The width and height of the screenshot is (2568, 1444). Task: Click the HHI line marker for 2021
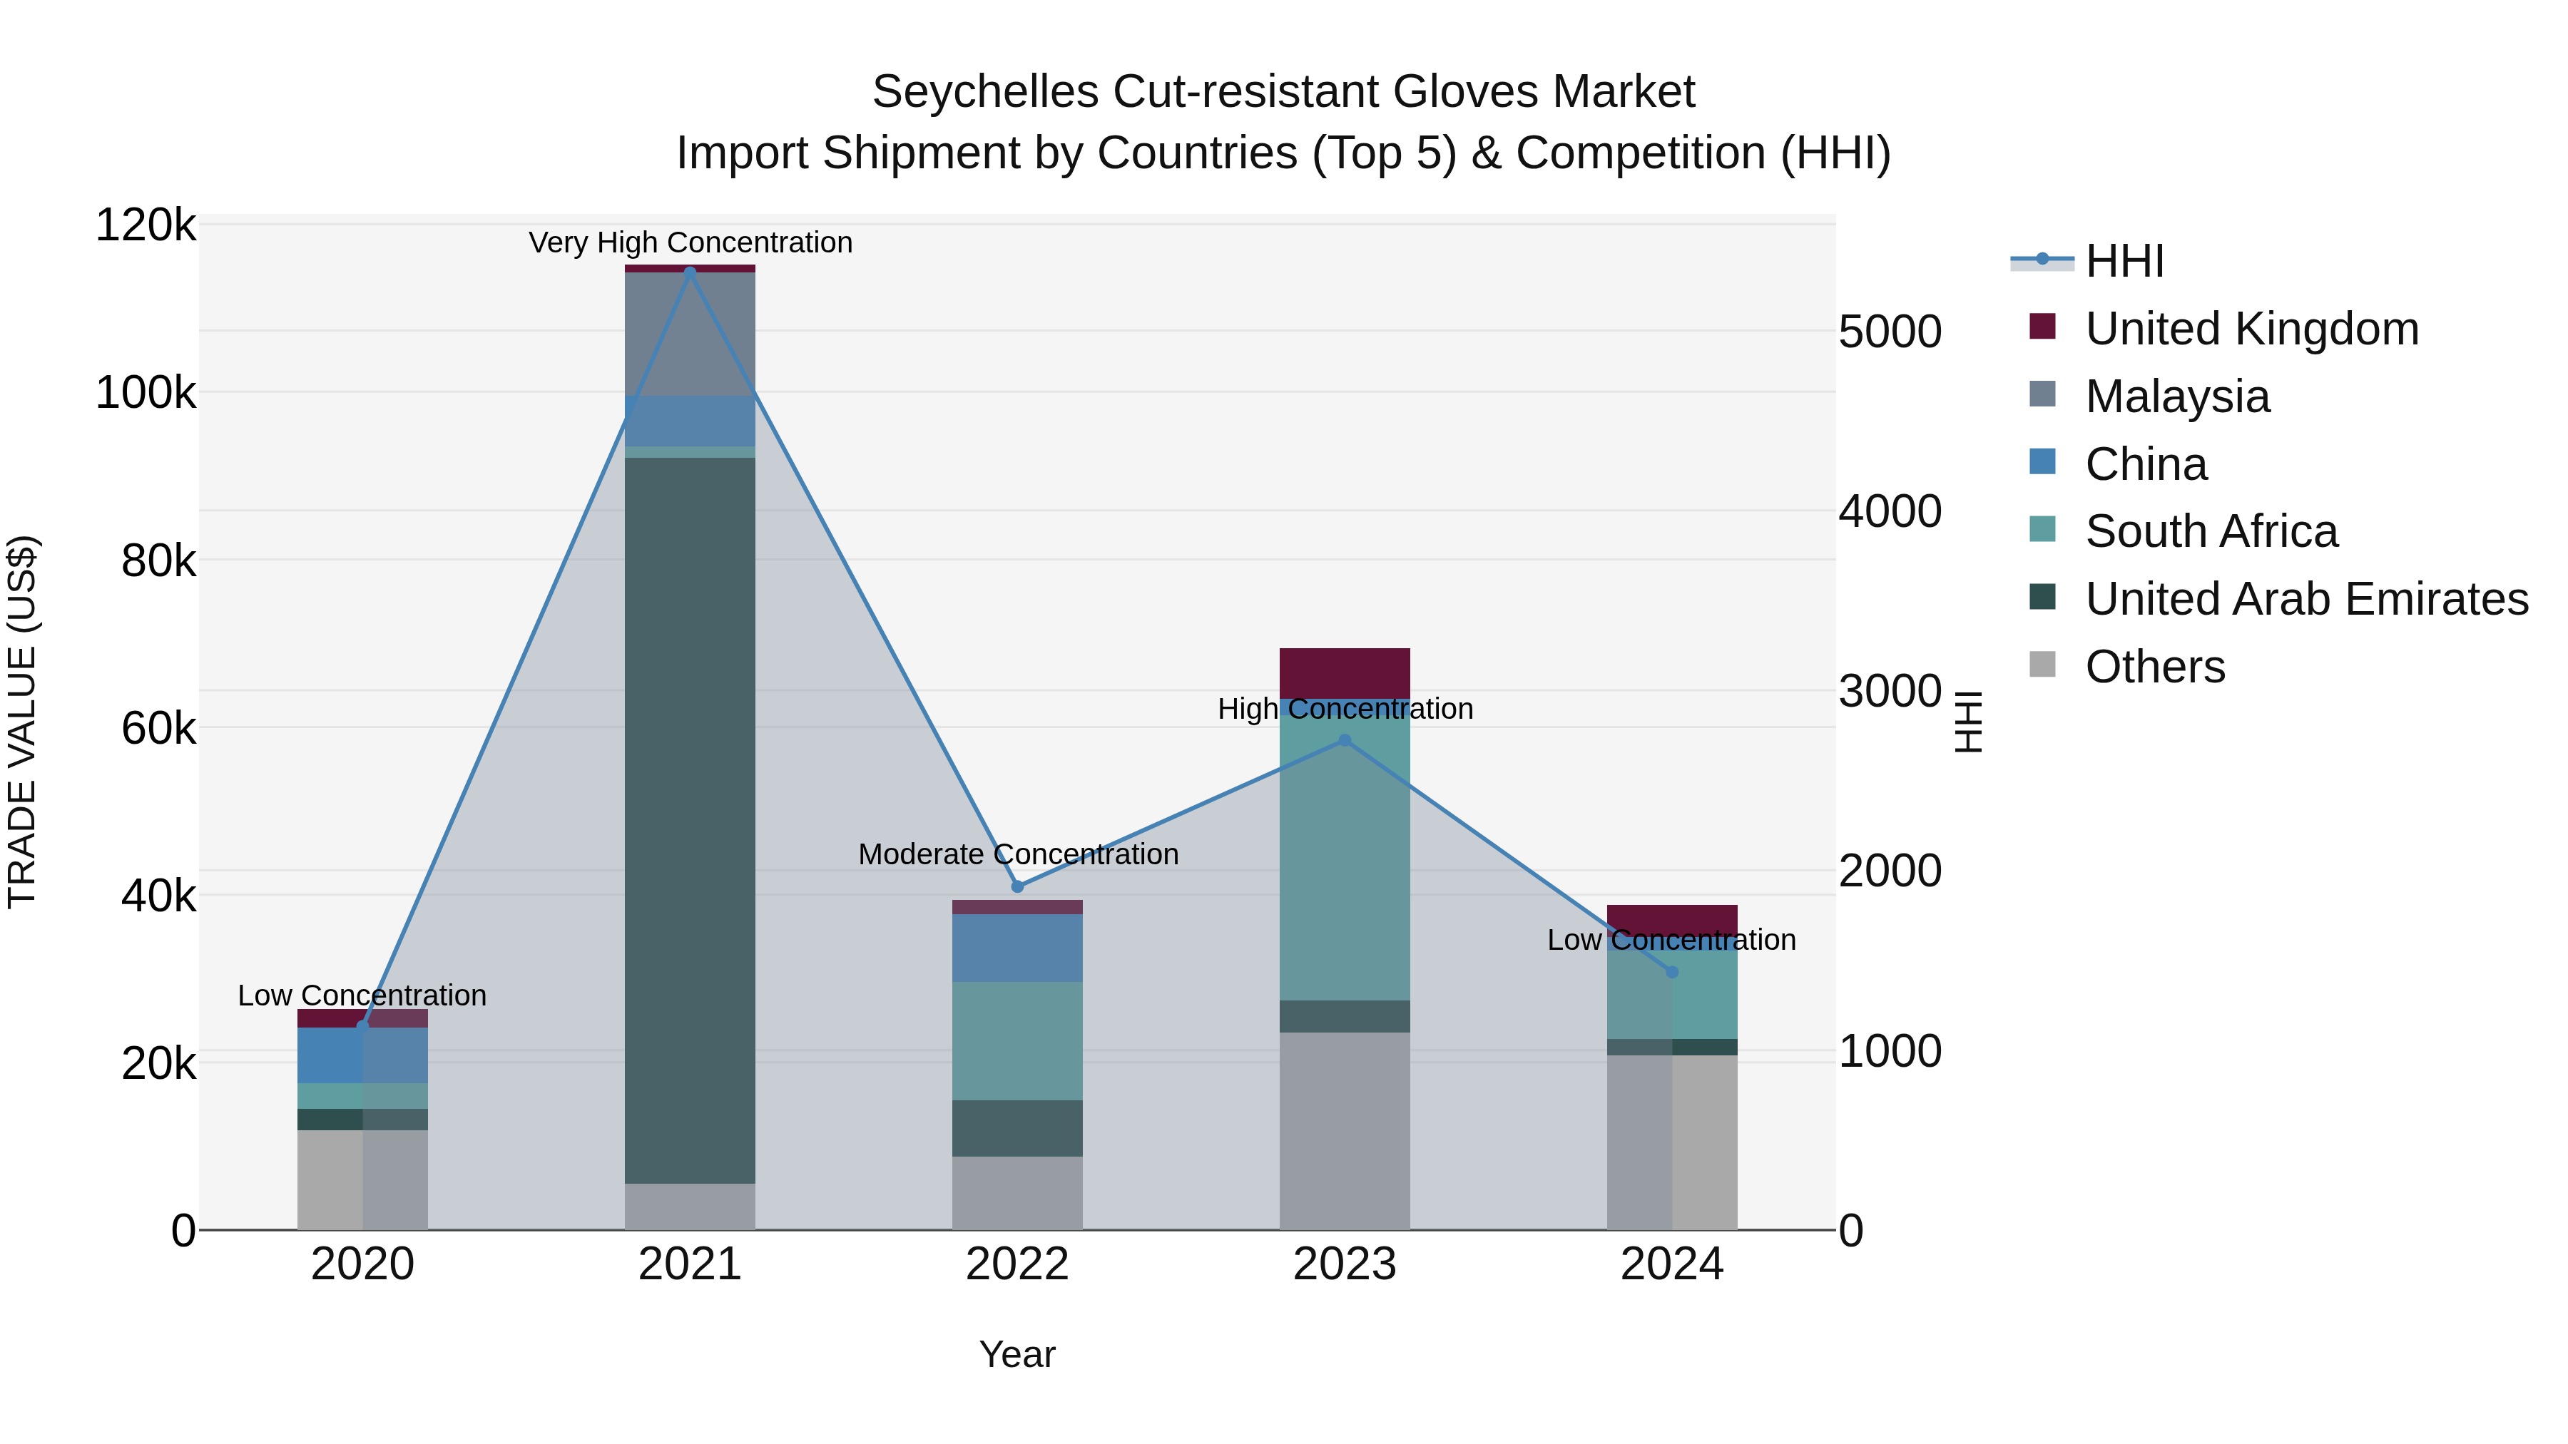tap(690, 271)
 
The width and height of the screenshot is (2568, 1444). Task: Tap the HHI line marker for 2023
tap(1344, 740)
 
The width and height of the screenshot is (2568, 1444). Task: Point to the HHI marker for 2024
tap(1672, 972)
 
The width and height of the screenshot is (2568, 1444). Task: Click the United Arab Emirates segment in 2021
tap(690, 817)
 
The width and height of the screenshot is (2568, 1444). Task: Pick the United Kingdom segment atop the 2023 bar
tap(1344, 672)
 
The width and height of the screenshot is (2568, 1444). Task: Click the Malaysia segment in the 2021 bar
tap(690, 334)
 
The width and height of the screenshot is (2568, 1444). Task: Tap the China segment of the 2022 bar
tap(1017, 948)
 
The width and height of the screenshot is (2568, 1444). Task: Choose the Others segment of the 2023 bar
tap(1344, 1131)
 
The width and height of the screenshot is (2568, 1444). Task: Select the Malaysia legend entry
tap(2176, 396)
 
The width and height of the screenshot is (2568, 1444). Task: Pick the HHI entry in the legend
tap(2124, 261)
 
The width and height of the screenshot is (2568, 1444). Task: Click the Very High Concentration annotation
tap(690, 243)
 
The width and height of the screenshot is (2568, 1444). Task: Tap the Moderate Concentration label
tap(1017, 855)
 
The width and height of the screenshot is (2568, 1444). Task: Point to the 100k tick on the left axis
tap(146, 394)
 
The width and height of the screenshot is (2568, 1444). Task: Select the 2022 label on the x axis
tap(1017, 1264)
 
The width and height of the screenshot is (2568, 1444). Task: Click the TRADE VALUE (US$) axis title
tap(22, 722)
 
